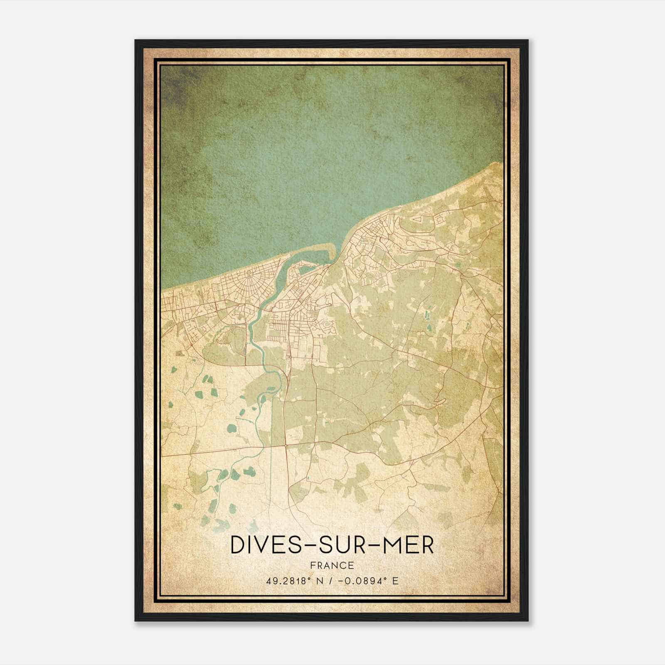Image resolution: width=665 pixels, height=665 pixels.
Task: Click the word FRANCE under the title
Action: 332,565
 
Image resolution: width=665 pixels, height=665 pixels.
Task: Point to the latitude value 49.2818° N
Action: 296,580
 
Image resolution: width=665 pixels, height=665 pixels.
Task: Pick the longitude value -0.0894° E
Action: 367,580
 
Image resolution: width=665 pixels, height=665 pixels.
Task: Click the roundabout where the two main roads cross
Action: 286,446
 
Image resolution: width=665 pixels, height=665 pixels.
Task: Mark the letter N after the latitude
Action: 319,580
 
